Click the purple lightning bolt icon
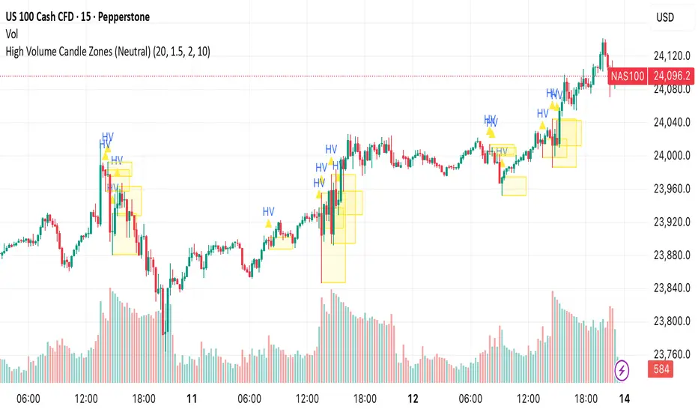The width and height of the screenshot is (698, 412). (x=622, y=369)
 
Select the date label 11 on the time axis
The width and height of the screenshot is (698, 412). (x=192, y=399)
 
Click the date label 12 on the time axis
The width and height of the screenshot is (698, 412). (x=412, y=399)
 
